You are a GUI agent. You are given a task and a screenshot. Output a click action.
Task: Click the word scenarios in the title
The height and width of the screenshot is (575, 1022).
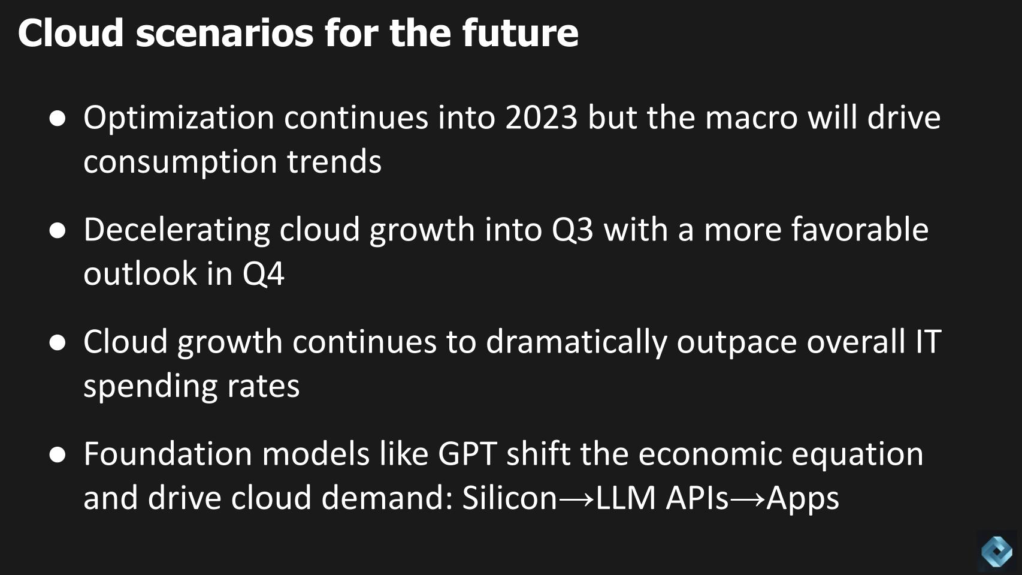225,33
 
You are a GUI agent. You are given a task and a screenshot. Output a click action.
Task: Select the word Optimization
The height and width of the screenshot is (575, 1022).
179,118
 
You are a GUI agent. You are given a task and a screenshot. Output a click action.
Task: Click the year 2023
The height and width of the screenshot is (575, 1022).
541,118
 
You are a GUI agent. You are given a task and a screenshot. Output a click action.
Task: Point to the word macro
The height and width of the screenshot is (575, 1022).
751,118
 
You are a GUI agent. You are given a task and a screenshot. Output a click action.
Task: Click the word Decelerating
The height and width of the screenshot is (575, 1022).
177,230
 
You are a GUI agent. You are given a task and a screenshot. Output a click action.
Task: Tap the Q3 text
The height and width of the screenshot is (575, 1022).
572,230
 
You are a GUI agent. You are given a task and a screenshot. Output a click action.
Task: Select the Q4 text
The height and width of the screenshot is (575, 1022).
263,275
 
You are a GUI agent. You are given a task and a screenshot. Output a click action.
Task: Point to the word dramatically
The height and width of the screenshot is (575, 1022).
576,342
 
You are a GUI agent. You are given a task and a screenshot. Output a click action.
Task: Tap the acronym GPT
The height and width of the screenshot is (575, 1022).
467,454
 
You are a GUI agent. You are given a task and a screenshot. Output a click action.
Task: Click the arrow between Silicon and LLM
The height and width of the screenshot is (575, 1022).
576,499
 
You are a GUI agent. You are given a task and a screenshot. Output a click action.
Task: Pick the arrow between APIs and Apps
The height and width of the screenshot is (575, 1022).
747,499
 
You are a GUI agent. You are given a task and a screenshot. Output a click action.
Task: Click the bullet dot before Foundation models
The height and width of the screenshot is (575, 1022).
58,454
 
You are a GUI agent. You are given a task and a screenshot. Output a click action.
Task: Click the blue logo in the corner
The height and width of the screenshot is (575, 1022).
997,551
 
